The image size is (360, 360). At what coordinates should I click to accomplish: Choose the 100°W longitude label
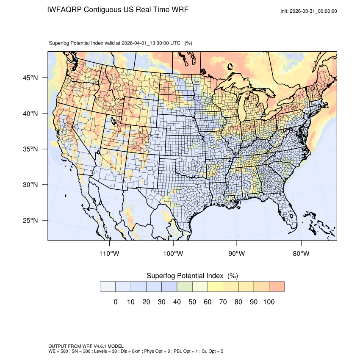coord(173,254)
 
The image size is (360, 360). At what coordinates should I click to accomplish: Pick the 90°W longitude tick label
coord(237,254)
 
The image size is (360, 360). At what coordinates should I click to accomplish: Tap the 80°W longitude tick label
coord(301,254)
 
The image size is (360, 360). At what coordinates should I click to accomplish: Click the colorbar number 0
coord(115,302)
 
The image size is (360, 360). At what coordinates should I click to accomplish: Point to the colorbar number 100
coord(269,302)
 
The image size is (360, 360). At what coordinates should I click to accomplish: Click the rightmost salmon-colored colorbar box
coord(277,287)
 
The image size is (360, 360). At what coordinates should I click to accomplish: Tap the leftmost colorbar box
coord(108,287)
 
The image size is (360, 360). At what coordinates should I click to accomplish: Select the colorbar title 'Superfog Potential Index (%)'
coord(192,276)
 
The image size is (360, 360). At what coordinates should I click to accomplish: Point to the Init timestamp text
coord(309,11)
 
